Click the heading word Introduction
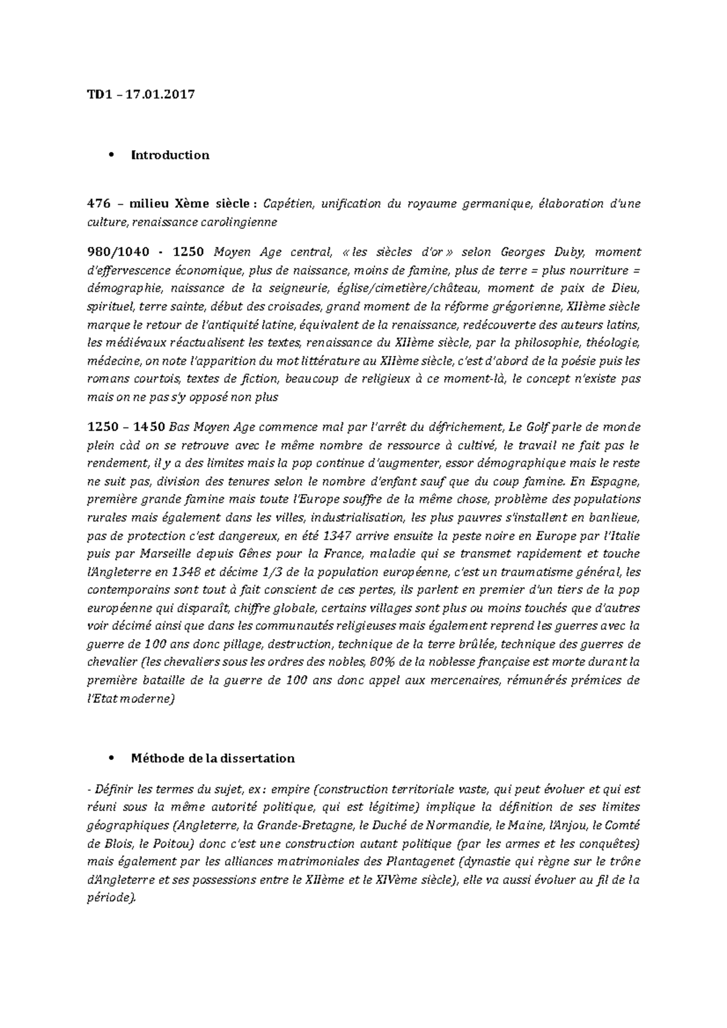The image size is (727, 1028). (x=170, y=155)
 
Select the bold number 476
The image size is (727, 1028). (x=99, y=203)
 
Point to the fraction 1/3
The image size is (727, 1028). (x=273, y=572)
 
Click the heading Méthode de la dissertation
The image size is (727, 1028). (x=213, y=758)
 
